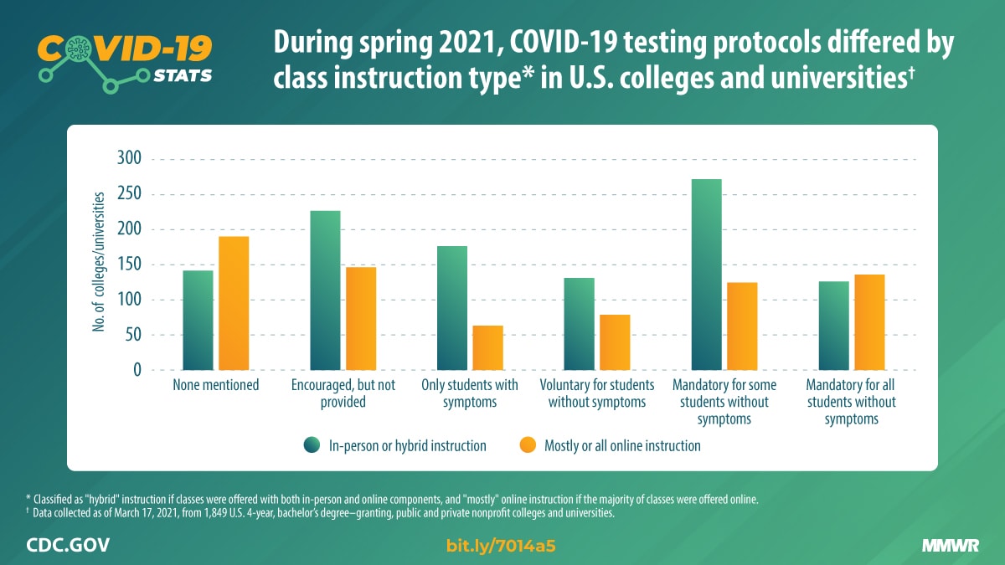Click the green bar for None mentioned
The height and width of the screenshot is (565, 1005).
(x=198, y=320)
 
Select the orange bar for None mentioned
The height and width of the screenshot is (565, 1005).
(x=234, y=303)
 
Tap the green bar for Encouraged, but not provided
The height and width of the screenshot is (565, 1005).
(x=325, y=290)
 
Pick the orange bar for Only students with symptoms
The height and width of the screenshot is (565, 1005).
(x=487, y=347)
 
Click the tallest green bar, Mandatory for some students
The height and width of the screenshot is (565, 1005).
(x=706, y=275)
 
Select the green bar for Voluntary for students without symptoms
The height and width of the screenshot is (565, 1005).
(x=579, y=324)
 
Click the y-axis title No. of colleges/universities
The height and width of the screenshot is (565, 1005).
(x=100, y=262)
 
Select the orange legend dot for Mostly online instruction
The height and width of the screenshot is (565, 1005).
(x=528, y=445)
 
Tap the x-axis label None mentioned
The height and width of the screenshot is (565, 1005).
(x=215, y=385)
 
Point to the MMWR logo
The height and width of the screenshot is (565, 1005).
(x=951, y=547)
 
